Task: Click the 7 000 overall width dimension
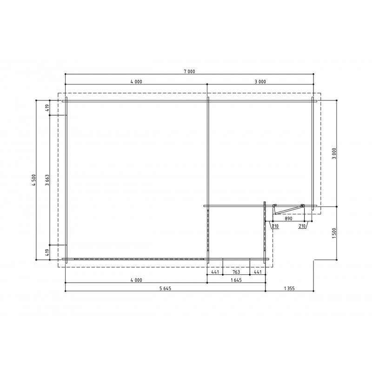tap(189, 72)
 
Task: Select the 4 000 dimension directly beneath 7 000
tap(136, 82)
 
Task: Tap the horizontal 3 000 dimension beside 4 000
tap(260, 82)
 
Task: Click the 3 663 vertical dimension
tap(47, 180)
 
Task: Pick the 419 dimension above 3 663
tap(47, 108)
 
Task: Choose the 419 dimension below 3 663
tap(47, 252)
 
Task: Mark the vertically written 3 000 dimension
tap(334, 153)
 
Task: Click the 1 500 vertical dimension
tap(334, 233)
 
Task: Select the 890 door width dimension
tap(288, 219)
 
